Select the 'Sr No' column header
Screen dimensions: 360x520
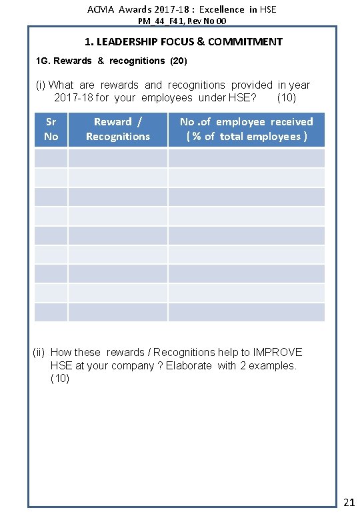coord(51,129)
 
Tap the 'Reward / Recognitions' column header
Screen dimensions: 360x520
coord(118,129)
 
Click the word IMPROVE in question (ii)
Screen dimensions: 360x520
coord(277,352)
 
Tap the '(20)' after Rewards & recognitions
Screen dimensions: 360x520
coord(179,61)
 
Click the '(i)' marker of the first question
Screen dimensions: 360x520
coord(41,85)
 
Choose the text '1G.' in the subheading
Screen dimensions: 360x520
coord(43,61)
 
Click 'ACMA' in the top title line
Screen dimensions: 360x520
coord(100,9)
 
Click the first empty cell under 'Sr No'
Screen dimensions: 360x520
coord(51,158)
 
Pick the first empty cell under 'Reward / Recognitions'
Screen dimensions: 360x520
coord(118,158)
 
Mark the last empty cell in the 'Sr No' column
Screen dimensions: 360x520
coord(51,312)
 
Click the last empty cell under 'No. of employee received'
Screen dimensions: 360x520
coord(246,312)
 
